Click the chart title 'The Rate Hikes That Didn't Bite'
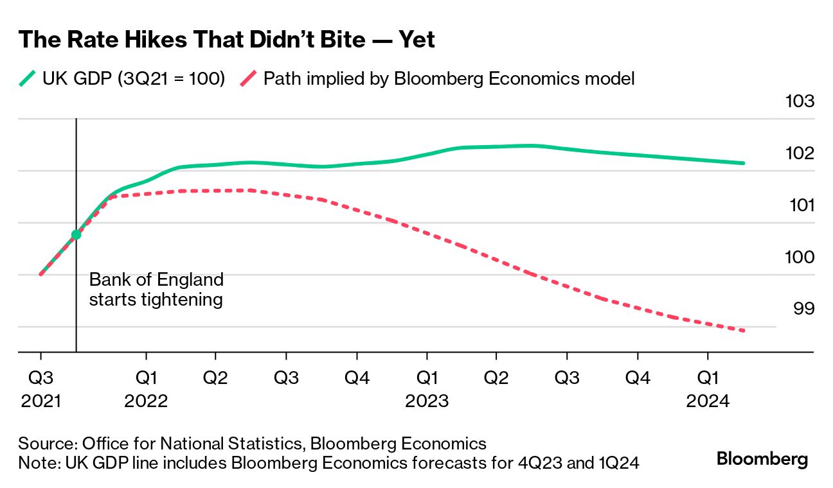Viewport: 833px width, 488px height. (x=227, y=40)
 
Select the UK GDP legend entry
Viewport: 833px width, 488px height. (x=122, y=79)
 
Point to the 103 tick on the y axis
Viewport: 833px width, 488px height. (x=800, y=101)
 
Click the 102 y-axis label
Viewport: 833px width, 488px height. (x=800, y=153)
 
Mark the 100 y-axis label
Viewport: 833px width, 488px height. (x=800, y=257)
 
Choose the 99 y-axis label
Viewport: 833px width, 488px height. (x=803, y=309)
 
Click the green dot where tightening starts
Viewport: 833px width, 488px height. (x=76, y=234)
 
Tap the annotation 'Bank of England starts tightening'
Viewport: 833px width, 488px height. (x=156, y=290)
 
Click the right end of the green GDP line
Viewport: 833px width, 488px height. (x=743, y=163)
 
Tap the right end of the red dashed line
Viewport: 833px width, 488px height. (x=743, y=331)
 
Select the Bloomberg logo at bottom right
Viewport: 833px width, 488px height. (x=762, y=460)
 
